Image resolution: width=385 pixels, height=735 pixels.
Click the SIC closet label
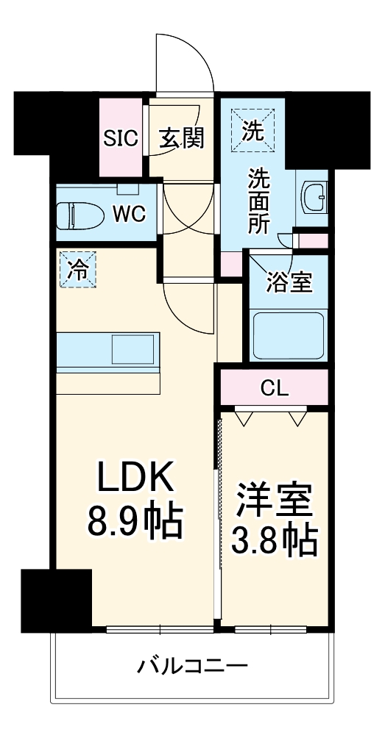(x=121, y=138)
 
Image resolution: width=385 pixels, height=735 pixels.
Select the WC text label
(x=129, y=214)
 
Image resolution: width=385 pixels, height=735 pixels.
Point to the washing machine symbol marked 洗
(x=252, y=131)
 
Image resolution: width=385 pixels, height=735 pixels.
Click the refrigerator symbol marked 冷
(x=77, y=270)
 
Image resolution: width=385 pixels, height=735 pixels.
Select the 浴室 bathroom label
(x=289, y=282)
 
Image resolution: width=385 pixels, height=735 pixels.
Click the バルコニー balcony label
(x=192, y=667)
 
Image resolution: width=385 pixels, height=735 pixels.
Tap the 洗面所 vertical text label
(x=258, y=200)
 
